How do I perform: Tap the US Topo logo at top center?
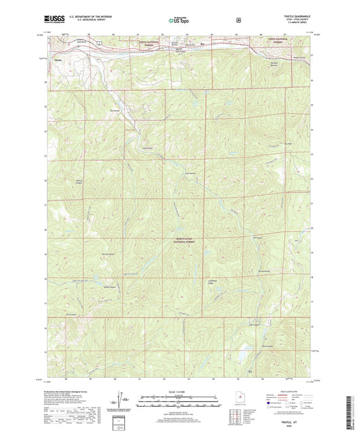pos(179,21)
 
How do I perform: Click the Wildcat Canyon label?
pos(78,182)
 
